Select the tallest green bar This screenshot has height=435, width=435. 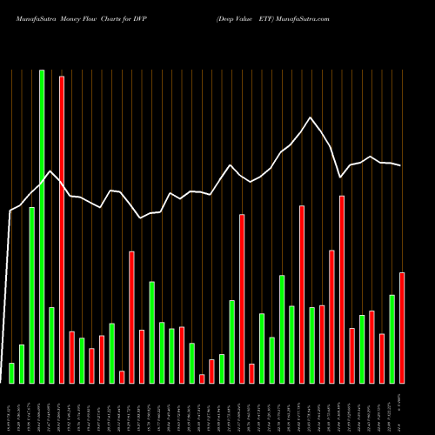coord(42,226)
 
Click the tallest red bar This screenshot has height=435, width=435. coord(62,230)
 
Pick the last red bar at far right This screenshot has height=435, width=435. coord(402,327)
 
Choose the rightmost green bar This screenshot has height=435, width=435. coord(391,338)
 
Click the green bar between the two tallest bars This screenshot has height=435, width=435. coord(51,345)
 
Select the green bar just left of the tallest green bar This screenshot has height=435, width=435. coord(32,295)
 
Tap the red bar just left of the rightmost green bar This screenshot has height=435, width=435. coord(382,358)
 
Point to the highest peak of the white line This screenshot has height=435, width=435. coord(310,117)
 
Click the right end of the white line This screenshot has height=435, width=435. coord(401,165)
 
